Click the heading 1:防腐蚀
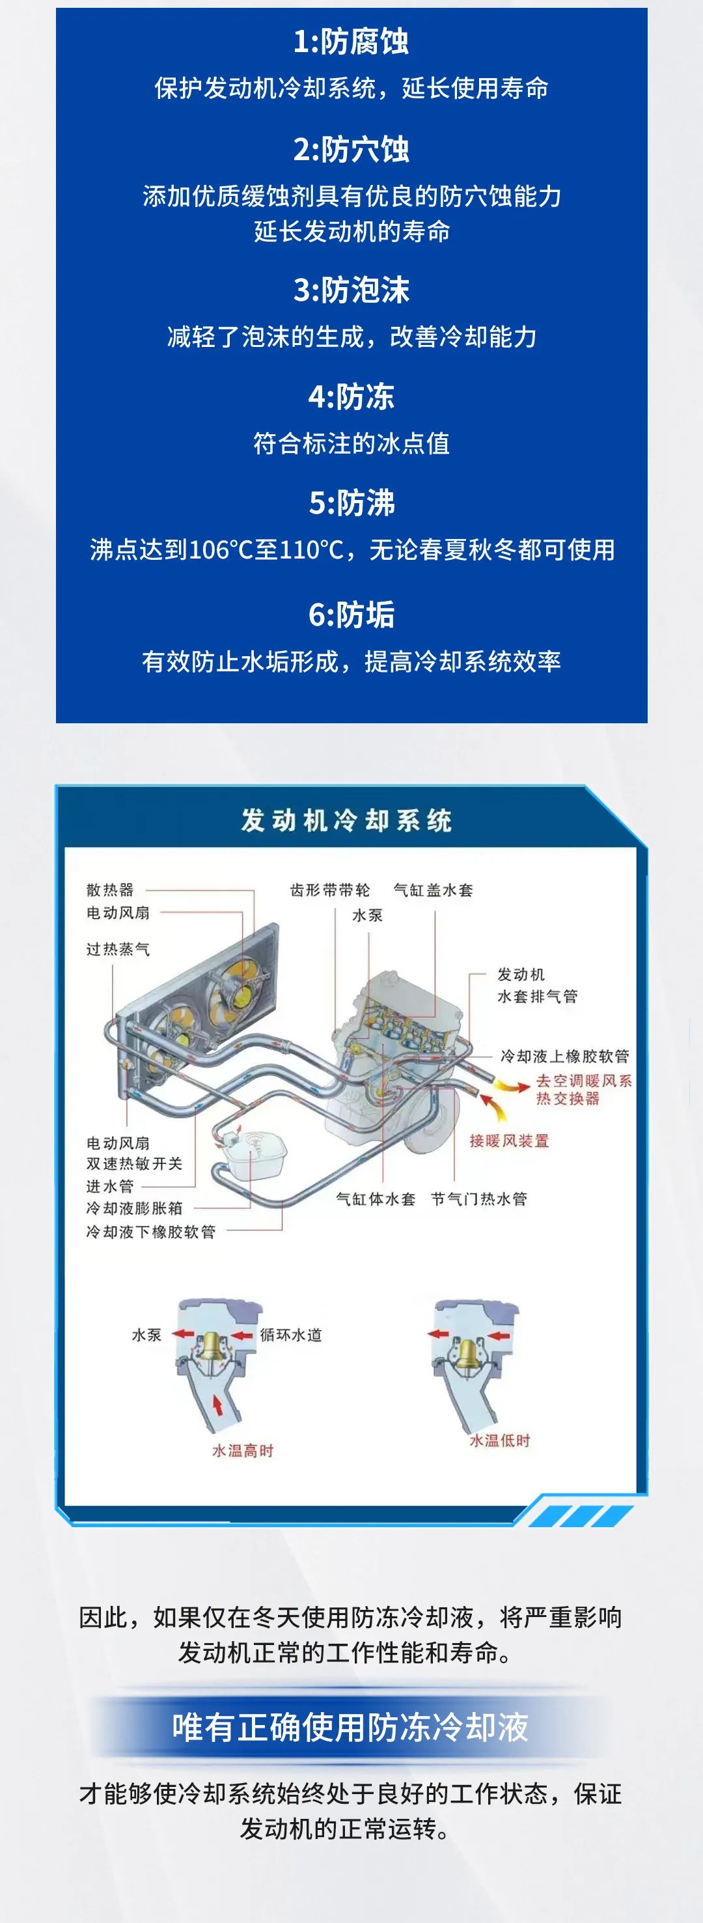(x=351, y=42)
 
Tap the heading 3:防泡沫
(x=351, y=290)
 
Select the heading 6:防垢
(x=351, y=615)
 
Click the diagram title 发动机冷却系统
(x=346, y=820)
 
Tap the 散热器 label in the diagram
(x=111, y=890)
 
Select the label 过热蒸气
(x=118, y=949)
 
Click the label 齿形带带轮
(x=330, y=890)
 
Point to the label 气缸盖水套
(x=434, y=890)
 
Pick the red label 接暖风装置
(x=509, y=1141)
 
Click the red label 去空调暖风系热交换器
(x=584, y=1089)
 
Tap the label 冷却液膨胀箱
(x=134, y=1208)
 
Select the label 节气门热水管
(x=479, y=1199)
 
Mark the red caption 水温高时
(x=243, y=1450)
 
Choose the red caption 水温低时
(x=499, y=1440)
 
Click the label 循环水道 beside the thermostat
(x=291, y=1335)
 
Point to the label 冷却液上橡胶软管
(x=565, y=1055)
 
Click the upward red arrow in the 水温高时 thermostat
(x=218, y=1405)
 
